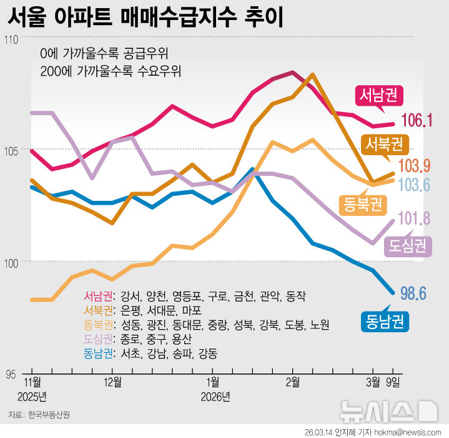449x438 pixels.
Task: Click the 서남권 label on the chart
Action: point(380,95)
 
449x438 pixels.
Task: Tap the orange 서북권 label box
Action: point(384,145)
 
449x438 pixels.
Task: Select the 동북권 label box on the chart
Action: point(362,203)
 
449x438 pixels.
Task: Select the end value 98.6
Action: point(413,292)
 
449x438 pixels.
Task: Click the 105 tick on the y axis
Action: point(11,150)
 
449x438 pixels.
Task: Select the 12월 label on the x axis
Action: point(112,382)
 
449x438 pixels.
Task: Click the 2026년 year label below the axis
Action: point(215,396)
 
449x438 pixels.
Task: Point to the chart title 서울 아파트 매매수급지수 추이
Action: point(145,17)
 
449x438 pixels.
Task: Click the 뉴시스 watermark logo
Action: point(387,410)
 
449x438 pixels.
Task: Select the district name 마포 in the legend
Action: point(191,310)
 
